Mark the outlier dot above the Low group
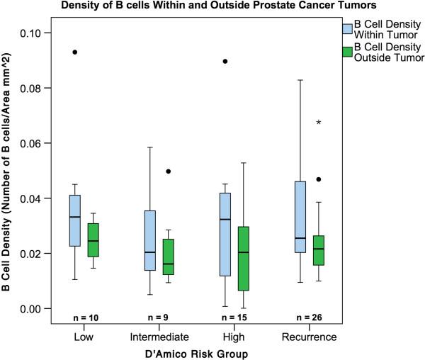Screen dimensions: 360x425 [75, 52]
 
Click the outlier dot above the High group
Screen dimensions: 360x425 [225, 62]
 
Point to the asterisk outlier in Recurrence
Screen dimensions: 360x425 [319, 123]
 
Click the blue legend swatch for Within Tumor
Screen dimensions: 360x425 [347, 28]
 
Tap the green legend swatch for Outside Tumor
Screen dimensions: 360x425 [347, 52]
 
